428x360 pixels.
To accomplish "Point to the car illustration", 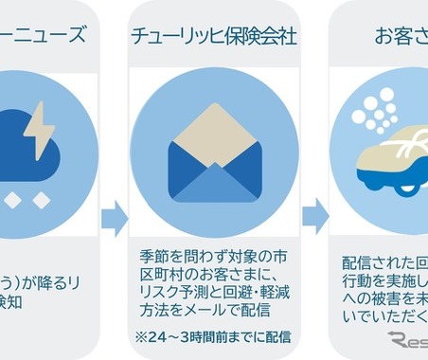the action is pyautogui.click(x=388, y=161).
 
